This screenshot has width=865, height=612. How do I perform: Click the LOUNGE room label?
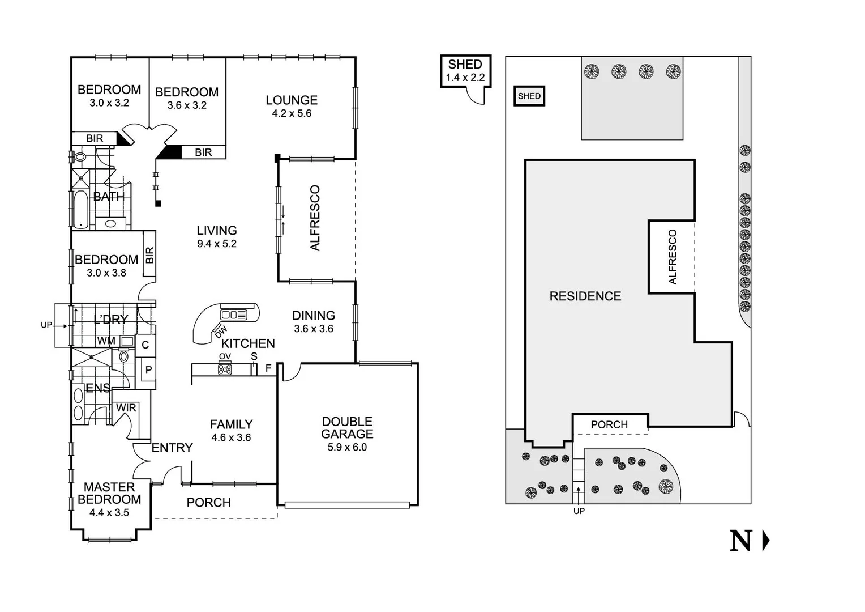292,100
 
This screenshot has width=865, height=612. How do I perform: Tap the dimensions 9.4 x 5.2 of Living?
217,244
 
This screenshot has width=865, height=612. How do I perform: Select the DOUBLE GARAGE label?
347,428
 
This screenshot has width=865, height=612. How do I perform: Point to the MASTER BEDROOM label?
109,493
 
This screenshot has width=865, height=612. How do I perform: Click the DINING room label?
314,316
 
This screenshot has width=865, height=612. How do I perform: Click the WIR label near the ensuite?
126,408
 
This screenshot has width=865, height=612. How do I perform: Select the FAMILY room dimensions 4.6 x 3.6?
231,437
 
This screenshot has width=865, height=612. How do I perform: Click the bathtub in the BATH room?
80,209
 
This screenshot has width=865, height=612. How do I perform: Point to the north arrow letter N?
740,541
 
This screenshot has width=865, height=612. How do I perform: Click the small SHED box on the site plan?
529,96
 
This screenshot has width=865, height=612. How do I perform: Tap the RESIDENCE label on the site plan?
585,296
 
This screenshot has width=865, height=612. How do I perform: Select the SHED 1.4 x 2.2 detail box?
465,71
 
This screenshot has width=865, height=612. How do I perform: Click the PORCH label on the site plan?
609,424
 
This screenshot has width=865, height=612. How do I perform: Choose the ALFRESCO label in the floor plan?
315,218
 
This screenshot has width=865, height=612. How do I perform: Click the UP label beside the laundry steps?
46,325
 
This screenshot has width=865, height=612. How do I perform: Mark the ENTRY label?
172,448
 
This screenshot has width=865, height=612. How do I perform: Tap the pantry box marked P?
148,370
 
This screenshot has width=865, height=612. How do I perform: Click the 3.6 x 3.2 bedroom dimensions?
187,105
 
